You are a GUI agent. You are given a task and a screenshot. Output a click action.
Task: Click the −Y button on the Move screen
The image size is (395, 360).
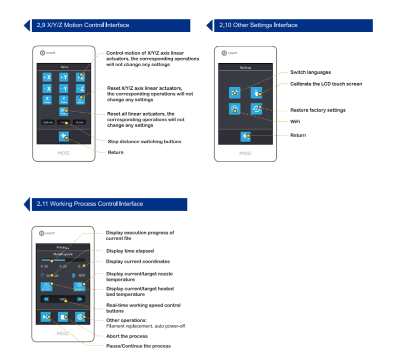click(63, 89)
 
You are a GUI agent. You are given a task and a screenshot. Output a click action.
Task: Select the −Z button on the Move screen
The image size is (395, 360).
click(80, 89)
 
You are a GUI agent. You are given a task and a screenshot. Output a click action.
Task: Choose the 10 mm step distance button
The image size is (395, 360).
click(80, 122)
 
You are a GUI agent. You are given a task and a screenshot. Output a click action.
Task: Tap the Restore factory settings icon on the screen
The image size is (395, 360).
click(256, 109)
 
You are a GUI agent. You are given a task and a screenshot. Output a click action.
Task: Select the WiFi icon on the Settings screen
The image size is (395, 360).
click(234, 109)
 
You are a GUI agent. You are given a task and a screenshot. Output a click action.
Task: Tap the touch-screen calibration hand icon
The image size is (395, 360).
click(256, 92)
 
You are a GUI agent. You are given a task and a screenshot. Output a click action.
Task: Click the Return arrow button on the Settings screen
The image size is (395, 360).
click(246, 136)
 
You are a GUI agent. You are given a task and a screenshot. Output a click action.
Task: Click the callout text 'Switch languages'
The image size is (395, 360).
click(310, 72)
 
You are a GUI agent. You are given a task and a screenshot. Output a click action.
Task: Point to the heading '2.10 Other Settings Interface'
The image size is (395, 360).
click(258, 25)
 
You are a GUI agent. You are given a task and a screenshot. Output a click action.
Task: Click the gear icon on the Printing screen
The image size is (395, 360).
click(80, 317)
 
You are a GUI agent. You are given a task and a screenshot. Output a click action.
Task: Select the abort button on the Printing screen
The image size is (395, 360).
click(63, 317)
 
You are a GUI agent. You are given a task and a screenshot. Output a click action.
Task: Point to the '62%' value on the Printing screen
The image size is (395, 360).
click(82, 275)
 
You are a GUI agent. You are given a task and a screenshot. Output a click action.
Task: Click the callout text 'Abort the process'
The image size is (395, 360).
click(126, 336)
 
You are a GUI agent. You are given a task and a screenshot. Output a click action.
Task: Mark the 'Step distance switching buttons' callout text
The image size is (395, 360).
click(144, 141)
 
